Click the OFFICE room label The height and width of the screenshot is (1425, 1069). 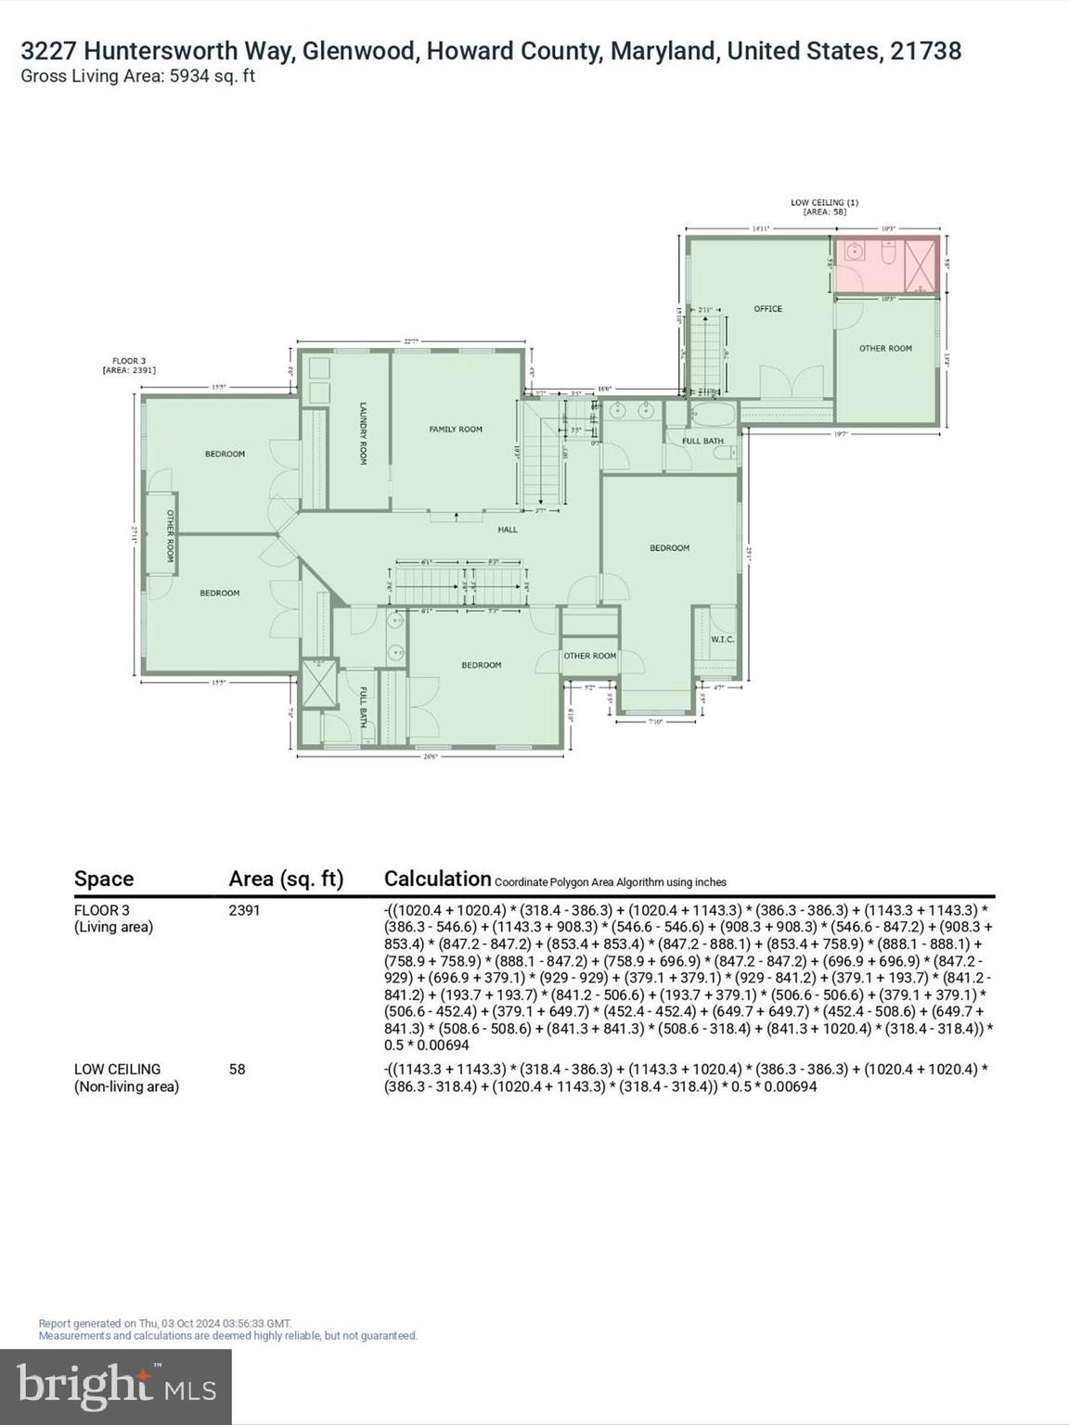coord(767,309)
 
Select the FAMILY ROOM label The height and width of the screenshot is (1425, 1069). coord(456,430)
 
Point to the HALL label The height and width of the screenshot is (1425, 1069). coord(508,530)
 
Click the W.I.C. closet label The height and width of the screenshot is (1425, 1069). coord(723,640)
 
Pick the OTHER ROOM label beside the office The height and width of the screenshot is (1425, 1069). coord(885,349)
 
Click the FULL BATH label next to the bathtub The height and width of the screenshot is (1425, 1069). coord(702,442)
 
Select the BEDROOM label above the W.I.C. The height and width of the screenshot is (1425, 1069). coord(669,548)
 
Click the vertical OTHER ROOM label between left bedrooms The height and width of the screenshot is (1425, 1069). coord(171,535)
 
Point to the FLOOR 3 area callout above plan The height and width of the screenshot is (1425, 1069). coord(129,366)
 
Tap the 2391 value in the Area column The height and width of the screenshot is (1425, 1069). coord(244,910)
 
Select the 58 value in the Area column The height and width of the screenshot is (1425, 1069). coord(238,1070)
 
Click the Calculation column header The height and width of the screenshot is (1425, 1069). coord(437,879)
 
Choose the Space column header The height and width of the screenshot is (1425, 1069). coord(104,879)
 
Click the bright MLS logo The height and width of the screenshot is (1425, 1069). coord(116,1386)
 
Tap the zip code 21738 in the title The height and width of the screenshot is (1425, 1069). coord(925,51)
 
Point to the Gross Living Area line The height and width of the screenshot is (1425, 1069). coord(137,77)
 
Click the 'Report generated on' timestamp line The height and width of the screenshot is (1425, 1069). coord(165,1324)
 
